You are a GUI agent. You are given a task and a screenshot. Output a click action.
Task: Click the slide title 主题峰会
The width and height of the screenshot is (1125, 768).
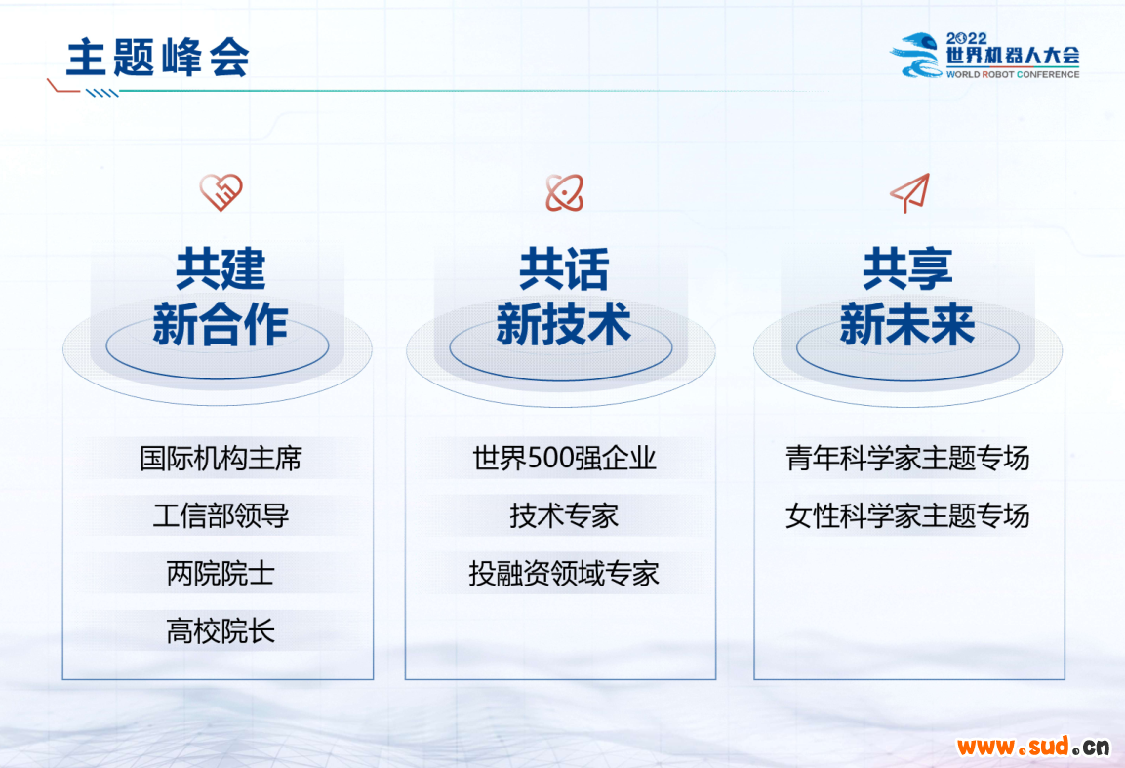coord(158,58)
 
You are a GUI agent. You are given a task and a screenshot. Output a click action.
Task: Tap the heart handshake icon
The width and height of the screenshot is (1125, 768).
coord(221,191)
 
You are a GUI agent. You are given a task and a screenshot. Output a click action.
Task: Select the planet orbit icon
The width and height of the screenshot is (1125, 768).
coord(565,192)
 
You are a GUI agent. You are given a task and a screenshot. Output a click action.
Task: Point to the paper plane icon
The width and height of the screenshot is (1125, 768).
coord(910,192)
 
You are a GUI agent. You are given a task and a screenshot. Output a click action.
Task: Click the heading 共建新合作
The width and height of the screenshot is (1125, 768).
coord(221,297)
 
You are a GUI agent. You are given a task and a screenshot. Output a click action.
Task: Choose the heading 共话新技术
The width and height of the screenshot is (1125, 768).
coord(564,297)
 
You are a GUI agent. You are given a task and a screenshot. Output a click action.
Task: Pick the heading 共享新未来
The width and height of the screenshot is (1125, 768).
coord(907,297)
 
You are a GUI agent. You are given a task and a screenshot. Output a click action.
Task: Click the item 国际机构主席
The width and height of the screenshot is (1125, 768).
coord(221,458)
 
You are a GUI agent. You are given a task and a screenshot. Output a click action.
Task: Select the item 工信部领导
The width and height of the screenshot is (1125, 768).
coord(221,515)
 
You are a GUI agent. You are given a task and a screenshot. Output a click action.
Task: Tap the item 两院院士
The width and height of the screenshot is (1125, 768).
coord(221,574)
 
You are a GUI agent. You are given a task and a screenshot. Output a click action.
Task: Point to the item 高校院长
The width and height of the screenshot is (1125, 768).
coord(221,631)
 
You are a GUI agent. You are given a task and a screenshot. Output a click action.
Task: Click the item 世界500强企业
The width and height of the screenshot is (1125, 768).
coord(565,458)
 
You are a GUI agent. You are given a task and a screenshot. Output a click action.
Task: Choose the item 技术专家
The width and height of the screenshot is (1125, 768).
coord(565,515)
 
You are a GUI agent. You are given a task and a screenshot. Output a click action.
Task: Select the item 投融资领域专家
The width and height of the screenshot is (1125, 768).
coord(565,574)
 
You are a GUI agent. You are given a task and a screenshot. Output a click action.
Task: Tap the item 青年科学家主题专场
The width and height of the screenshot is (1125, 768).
coord(907,458)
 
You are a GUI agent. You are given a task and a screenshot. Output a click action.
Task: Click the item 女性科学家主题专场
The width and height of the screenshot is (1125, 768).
coord(907,515)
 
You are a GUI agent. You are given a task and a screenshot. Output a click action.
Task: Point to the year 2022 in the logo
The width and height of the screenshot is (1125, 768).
coord(966,39)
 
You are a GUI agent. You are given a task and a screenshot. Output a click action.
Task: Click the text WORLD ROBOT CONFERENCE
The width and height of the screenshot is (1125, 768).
coord(1013,74)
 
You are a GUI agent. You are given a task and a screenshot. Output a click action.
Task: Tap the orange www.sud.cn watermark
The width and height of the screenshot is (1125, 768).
coord(1033,747)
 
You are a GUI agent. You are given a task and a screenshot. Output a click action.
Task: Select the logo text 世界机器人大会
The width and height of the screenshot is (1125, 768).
coord(1013,56)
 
